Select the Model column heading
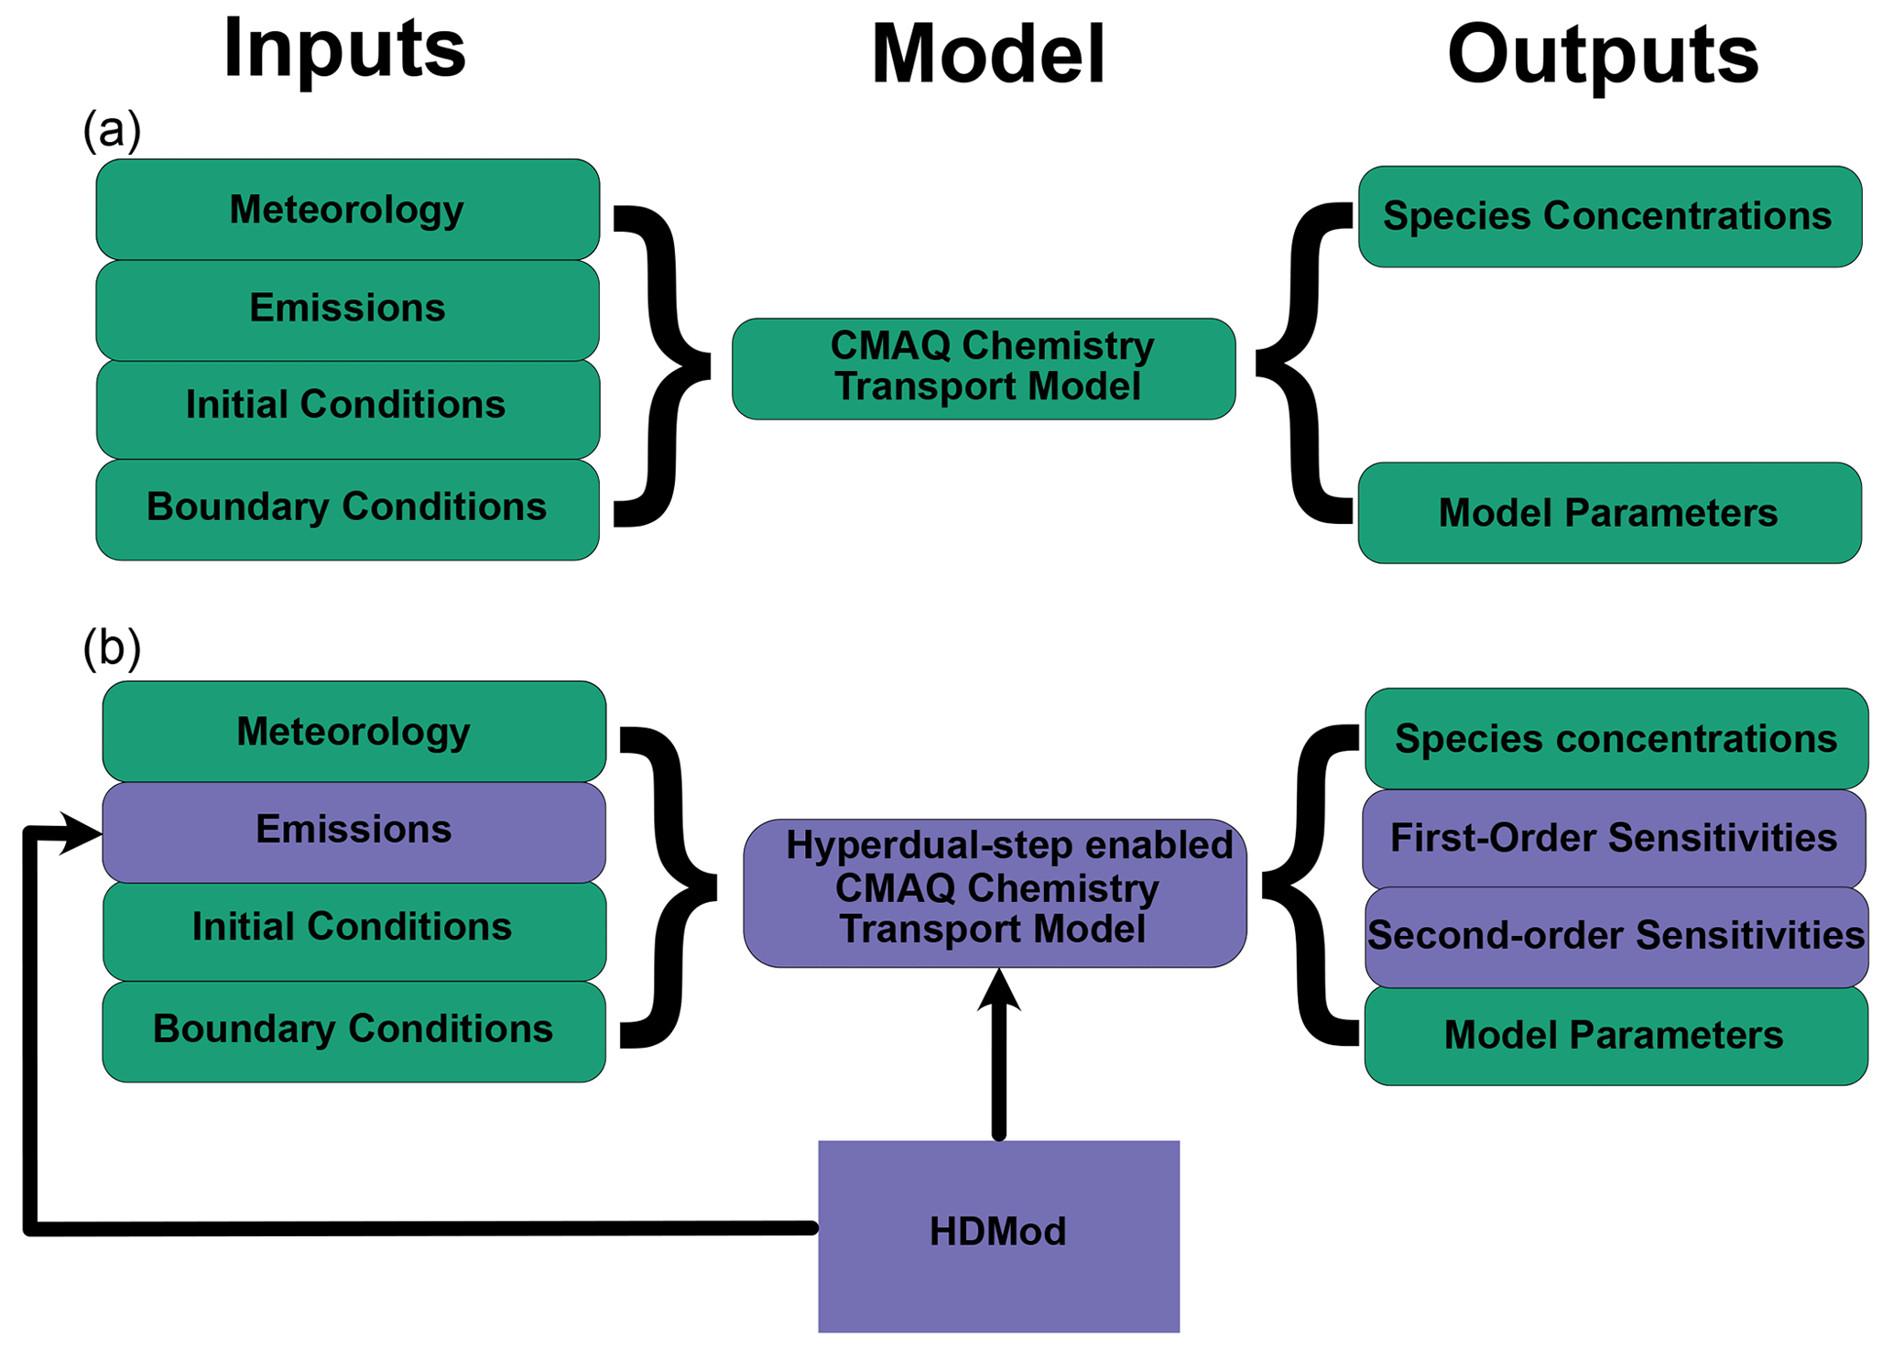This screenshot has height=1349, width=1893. point(988,55)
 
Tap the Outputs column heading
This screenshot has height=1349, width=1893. point(1603,55)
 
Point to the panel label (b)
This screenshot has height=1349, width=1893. point(112,647)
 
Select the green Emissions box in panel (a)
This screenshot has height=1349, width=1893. point(347,309)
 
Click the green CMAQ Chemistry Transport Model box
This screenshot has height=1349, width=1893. point(984,368)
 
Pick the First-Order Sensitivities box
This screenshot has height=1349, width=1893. point(1614,838)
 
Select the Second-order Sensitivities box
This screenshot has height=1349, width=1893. point(1616,936)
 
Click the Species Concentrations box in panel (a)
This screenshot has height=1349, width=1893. point(1609,216)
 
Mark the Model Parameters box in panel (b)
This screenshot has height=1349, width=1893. point(1615,1036)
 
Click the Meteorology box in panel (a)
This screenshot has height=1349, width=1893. point(347,210)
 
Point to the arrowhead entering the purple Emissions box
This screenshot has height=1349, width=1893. point(82,832)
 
